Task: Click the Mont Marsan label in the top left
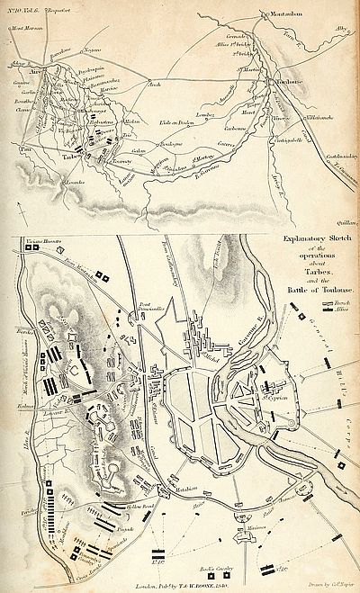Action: point(29,28)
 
